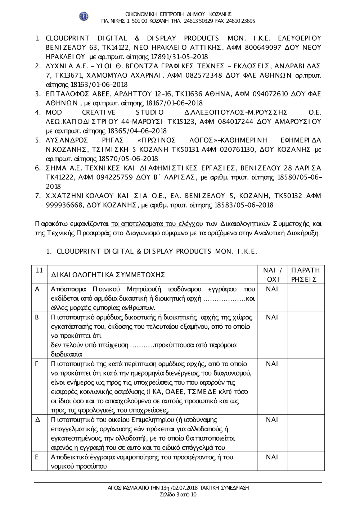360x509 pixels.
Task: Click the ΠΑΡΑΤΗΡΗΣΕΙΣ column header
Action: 306,275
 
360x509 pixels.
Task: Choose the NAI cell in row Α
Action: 272,289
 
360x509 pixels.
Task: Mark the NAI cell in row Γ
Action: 272,364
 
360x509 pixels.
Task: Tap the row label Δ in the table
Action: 37,420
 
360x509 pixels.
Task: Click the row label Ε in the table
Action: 37,457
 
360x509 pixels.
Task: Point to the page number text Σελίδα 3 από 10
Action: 178,494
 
